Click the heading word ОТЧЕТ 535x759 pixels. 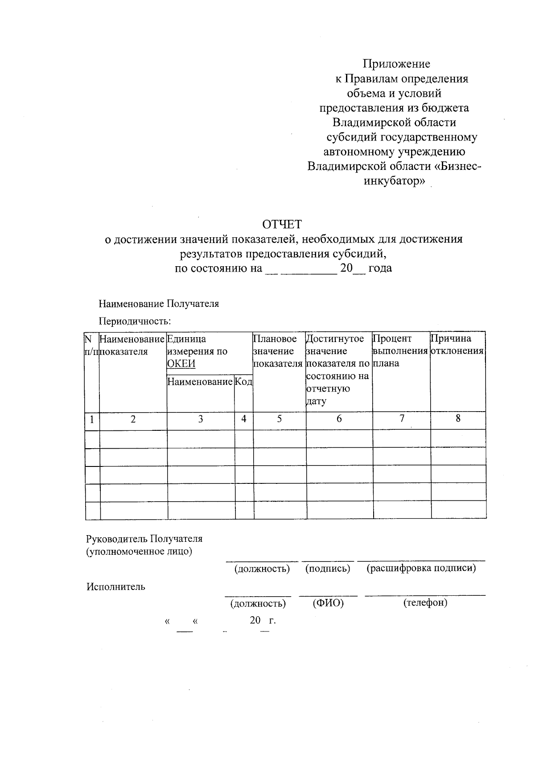click(281, 224)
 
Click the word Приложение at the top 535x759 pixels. click(396, 64)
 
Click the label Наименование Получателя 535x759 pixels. click(159, 304)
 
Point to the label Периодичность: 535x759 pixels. click(135, 321)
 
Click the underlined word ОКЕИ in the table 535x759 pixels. click(181, 363)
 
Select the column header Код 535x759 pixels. click(244, 382)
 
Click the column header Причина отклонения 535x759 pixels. click(457, 345)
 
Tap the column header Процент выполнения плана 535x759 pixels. click(400, 351)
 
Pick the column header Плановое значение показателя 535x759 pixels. click(278, 351)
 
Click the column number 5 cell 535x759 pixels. click(280, 419)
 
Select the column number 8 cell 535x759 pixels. click(458, 419)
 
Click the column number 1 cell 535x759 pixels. click(92, 420)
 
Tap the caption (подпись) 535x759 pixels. click(328, 569)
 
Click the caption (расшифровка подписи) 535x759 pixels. click(421, 569)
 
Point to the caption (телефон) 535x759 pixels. click(425, 603)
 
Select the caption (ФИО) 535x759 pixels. click(328, 603)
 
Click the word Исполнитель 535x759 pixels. click(116, 587)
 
